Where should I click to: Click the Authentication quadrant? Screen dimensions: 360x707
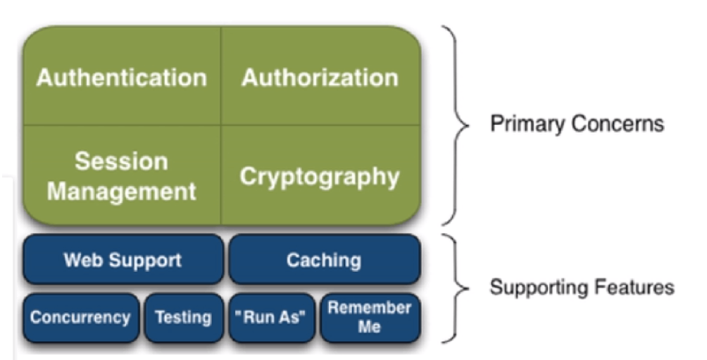point(122,77)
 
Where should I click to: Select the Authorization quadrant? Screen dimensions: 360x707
point(320,77)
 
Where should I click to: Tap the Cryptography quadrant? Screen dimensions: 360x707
point(320,176)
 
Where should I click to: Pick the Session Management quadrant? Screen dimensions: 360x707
point(122,176)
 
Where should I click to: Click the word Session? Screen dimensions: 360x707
point(121,161)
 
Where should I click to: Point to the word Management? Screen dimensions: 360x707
point(121,191)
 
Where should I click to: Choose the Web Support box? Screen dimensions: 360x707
point(123,260)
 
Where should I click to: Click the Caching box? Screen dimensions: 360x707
point(324,260)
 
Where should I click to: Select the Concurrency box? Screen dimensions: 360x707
point(80,318)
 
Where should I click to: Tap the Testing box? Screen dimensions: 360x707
point(183,318)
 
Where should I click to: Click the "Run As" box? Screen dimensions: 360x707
point(271,318)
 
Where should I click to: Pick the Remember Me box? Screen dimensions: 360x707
point(370,318)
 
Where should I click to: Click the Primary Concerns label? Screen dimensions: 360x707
point(577,124)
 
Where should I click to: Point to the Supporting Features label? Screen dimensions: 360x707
point(582,287)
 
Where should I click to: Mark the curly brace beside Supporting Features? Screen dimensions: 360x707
point(456,288)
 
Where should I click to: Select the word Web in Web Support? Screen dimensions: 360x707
point(79,260)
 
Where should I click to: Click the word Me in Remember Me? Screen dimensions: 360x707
point(369,327)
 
